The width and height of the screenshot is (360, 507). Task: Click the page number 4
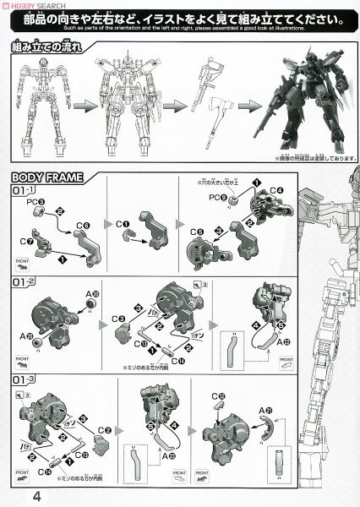point(14,495)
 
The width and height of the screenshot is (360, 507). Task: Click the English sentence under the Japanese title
point(180,27)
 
